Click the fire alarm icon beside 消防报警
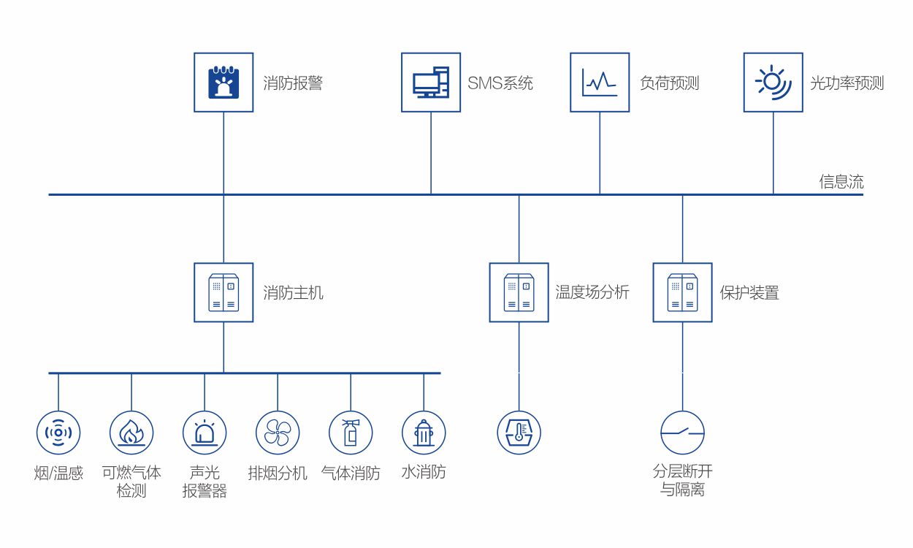(x=224, y=83)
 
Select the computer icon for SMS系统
(x=431, y=83)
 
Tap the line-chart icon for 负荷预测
(x=600, y=83)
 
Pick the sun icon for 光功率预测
(x=773, y=83)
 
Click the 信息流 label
(x=841, y=182)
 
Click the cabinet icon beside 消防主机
(x=224, y=292)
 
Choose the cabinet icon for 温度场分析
(x=519, y=292)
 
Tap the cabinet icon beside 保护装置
(x=682, y=292)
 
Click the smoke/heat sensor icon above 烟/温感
(x=58, y=433)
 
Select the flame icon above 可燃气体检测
(x=131, y=433)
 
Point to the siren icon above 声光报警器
(x=205, y=433)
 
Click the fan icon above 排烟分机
(x=278, y=433)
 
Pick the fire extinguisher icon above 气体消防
(x=351, y=433)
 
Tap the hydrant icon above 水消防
(x=424, y=433)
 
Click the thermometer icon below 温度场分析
(x=519, y=433)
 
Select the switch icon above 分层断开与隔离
(x=682, y=433)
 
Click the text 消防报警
(x=293, y=83)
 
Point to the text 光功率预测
(x=847, y=83)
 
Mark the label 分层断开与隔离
(x=682, y=481)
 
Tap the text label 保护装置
(x=749, y=293)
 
